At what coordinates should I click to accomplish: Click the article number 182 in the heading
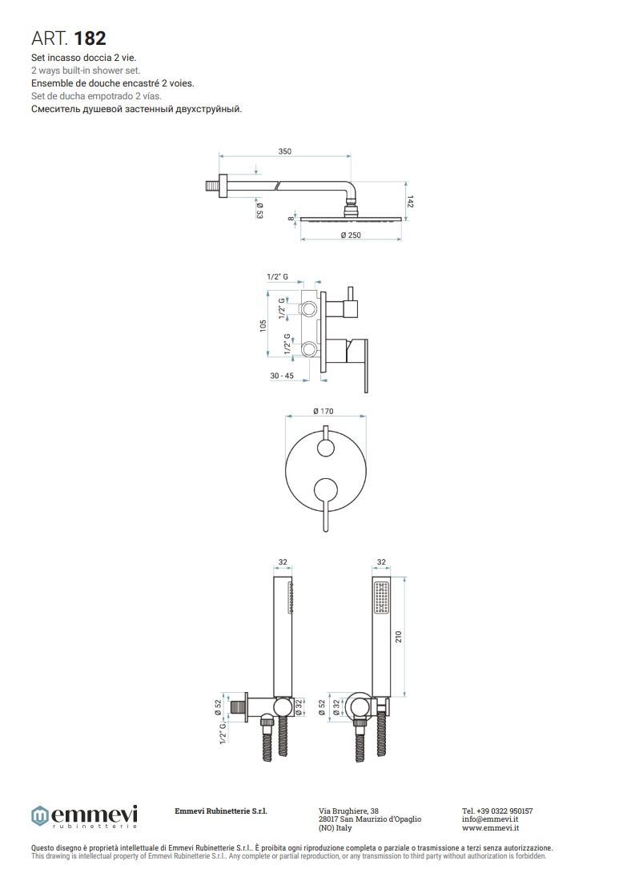click(90, 38)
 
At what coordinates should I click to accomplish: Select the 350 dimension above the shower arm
click(285, 151)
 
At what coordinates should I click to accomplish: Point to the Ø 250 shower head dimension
click(351, 235)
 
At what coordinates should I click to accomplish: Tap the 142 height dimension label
click(410, 202)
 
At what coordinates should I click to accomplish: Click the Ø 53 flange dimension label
click(259, 207)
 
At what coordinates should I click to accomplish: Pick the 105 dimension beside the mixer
click(263, 326)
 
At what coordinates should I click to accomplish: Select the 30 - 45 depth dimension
click(282, 376)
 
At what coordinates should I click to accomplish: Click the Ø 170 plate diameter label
click(324, 412)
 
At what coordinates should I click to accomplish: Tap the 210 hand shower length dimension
click(399, 638)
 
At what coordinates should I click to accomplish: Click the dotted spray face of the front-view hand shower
click(382, 597)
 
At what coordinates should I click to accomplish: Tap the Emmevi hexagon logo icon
click(40, 816)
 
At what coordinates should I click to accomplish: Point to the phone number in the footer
click(497, 811)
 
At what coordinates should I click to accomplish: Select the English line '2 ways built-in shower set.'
click(86, 70)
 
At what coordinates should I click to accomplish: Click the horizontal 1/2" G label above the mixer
click(277, 277)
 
